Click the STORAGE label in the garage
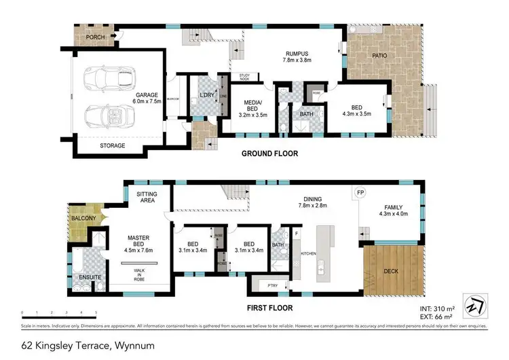coord(113,145)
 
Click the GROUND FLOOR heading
coord(269,154)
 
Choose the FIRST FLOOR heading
coord(269,307)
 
